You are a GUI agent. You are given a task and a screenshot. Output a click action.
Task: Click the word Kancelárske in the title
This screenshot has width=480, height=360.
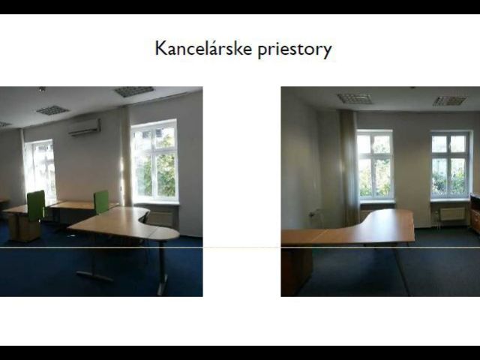point(203,49)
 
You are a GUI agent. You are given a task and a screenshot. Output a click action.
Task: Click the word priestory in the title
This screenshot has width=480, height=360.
point(295,50)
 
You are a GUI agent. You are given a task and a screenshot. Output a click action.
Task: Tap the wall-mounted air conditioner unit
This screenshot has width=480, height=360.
point(85,127)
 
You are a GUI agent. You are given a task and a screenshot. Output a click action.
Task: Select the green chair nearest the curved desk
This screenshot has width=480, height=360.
point(101,202)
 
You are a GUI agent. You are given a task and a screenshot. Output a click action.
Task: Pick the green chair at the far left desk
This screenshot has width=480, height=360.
point(36,205)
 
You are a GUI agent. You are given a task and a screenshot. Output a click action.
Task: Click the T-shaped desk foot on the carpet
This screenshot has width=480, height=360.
point(95,275)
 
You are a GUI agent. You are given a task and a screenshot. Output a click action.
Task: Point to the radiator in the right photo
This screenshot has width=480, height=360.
point(452,214)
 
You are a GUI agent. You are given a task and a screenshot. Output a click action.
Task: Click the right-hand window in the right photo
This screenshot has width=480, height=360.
point(449,165)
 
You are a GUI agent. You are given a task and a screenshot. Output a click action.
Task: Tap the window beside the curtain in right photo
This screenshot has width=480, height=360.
point(376,166)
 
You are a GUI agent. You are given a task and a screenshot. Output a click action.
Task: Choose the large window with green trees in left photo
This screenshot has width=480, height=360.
point(154,161)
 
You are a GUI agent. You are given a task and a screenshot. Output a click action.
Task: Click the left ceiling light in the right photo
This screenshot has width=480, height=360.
point(355,98)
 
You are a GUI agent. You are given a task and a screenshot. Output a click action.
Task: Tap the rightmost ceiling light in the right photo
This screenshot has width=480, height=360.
point(450,100)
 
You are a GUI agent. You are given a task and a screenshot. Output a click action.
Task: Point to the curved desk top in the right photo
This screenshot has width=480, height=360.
point(348,227)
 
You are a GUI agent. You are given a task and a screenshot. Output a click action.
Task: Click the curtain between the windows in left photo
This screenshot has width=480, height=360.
point(125,156)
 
